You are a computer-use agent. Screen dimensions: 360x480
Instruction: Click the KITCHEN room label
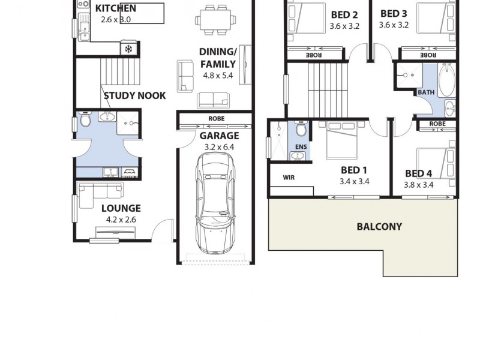(116, 8)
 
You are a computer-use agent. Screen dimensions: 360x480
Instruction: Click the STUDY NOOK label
(134, 95)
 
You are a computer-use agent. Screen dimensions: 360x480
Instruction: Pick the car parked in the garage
(215, 202)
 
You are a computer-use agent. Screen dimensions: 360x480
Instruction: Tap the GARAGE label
(220, 136)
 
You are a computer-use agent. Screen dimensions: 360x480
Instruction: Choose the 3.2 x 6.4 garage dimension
(220, 146)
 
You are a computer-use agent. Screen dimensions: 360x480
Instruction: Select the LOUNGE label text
(121, 208)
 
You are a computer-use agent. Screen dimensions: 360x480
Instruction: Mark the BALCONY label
(379, 227)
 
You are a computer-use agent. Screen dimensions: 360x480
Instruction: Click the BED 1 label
(354, 170)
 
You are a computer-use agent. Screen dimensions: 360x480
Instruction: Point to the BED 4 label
(419, 174)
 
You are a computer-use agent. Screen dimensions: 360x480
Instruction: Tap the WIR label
(289, 178)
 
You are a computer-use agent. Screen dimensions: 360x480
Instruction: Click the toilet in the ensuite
(301, 129)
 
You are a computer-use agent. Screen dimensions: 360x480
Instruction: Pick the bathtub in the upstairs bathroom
(446, 81)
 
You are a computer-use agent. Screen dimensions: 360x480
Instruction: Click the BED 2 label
(344, 15)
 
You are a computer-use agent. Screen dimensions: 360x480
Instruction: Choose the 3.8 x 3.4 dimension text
(419, 185)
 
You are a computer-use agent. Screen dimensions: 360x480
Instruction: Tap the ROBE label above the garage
(216, 119)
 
